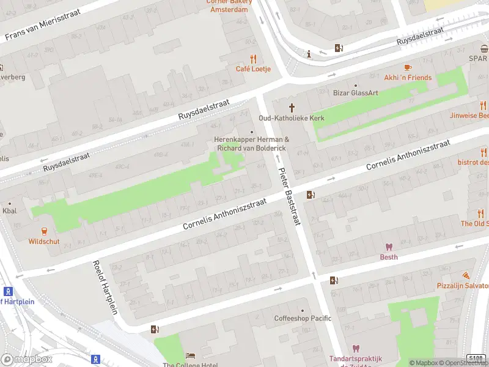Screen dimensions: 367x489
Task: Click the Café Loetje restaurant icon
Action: click(253, 59)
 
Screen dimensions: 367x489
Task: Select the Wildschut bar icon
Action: click(44, 231)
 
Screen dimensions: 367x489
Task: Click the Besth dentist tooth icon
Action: click(388, 247)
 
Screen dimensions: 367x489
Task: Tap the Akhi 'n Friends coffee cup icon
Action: click(408, 67)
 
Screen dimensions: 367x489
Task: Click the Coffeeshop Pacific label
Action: click(302, 318)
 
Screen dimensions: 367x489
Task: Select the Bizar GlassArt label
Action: click(355, 93)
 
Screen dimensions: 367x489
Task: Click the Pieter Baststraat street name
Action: click(289, 197)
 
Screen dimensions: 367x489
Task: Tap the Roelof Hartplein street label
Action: click(105, 288)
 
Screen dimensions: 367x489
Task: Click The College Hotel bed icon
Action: click(190, 355)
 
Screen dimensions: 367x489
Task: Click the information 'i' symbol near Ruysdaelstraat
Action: click(309, 54)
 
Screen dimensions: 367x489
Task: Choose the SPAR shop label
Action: click(478, 58)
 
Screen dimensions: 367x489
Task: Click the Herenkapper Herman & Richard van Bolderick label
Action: click(251, 144)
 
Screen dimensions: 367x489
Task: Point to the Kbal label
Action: click(10, 210)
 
